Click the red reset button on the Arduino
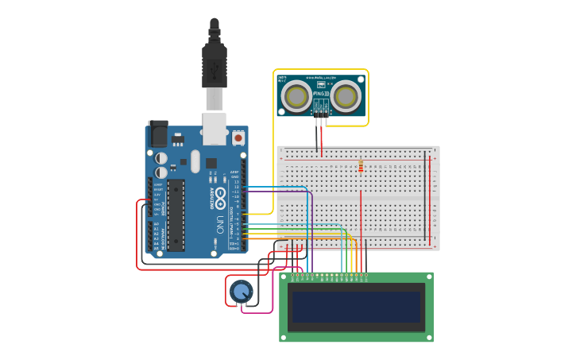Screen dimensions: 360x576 (x=238, y=137)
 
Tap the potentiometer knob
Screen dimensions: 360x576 (x=242, y=292)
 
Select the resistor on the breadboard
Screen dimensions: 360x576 (x=361, y=166)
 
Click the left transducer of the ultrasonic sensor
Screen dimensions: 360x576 (x=298, y=96)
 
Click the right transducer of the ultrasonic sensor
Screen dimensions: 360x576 (x=346, y=96)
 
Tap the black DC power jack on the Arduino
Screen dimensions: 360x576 (x=157, y=133)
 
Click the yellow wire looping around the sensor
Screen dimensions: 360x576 (x=368, y=95)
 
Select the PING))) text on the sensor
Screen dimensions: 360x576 (x=321, y=94)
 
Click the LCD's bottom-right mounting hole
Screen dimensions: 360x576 (x=429, y=338)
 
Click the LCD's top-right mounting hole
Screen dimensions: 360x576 (x=429, y=277)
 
